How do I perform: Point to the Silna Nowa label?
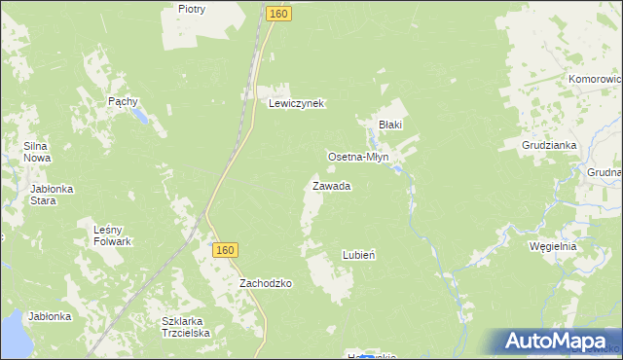tap(37, 152)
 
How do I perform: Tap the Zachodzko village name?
tap(266, 283)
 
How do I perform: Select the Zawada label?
tap(331, 186)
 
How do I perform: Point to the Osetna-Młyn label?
tap(357, 157)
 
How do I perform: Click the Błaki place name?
tap(390, 125)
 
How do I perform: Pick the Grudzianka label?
tap(550, 145)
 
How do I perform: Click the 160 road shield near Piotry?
tap(277, 14)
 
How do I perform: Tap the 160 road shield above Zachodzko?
tap(224, 250)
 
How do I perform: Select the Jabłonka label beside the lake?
tap(50, 317)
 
